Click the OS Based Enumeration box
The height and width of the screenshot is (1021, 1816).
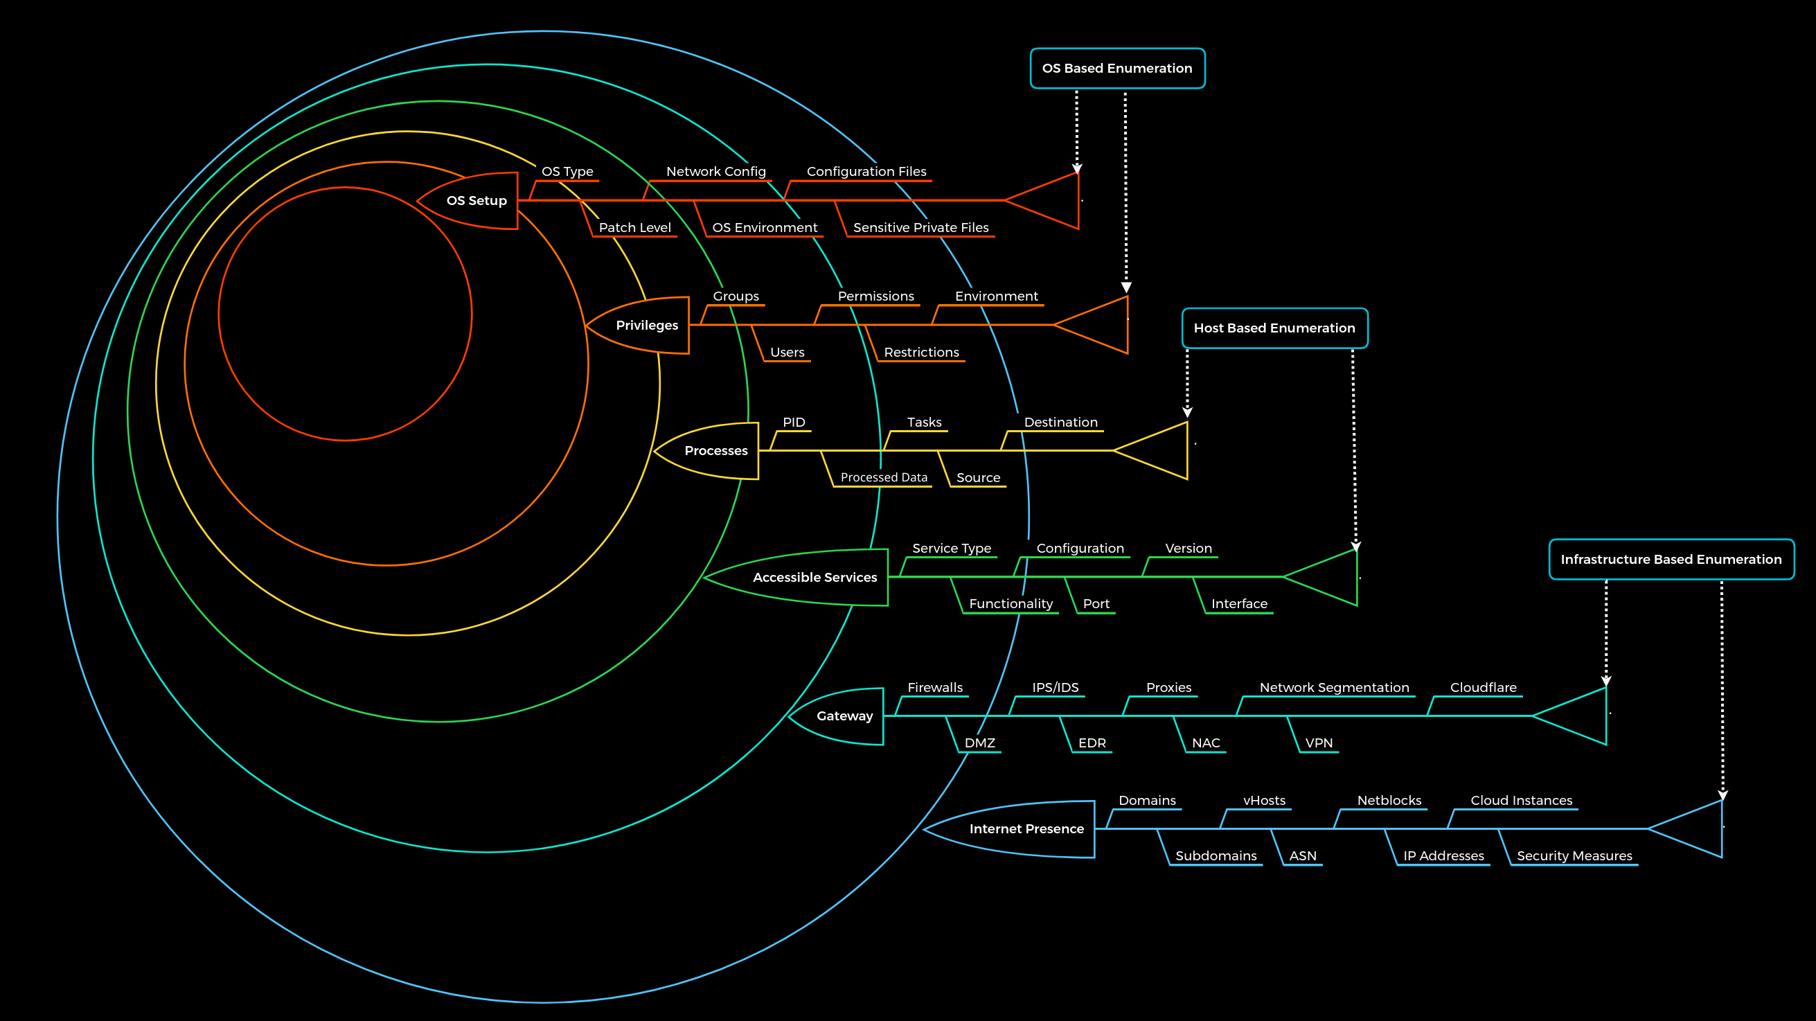(x=1116, y=69)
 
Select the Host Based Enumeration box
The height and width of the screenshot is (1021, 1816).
(x=1274, y=328)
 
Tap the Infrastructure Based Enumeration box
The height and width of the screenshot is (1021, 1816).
(x=1670, y=559)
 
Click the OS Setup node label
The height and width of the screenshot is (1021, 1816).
(x=477, y=201)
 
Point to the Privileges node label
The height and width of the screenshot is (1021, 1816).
(x=646, y=325)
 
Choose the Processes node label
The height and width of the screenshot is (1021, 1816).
(x=715, y=450)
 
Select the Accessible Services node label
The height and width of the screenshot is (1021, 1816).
(x=814, y=578)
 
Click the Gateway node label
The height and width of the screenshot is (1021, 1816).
(x=844, y=716)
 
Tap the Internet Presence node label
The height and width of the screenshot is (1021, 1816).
(x=1026, y=829)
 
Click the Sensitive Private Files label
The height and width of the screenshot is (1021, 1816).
(x=920, y=228)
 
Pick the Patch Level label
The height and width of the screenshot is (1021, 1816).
(x=634, y=228)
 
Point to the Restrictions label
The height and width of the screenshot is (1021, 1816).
(x=920, y=353)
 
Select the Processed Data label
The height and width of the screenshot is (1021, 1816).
(x=883, y=477)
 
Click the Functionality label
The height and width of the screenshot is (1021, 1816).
(x=1011, y=603)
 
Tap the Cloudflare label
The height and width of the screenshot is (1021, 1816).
(x=1483, y=688)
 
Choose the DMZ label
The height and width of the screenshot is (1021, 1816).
(x=979, y=743)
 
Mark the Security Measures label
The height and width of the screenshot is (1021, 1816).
(x=1574, y=856)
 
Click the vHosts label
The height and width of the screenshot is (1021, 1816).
(x=1263, y=801)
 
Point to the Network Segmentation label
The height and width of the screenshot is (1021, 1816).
(x=1334, y=688)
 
